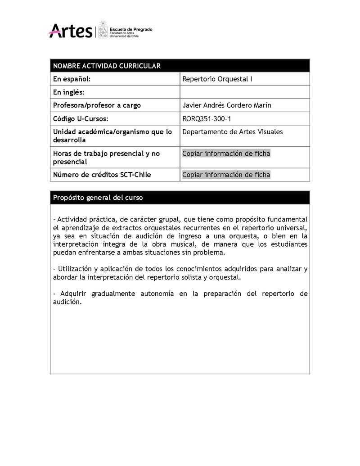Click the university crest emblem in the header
(x=103, y=30)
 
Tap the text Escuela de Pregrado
(x=131, y=29)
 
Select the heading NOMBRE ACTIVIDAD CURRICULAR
(x=107, y=66)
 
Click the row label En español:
(x=72, y=79)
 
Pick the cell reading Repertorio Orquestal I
(x=217, y=79)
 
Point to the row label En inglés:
(x=69, y=92)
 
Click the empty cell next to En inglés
(x=244, y=92)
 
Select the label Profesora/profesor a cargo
(x=97, y=105)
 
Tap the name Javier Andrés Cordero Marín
(x=227, y=105)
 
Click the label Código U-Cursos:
(x=81, y=118)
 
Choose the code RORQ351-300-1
(x=209, y=118)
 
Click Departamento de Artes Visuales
(x=233, y=132)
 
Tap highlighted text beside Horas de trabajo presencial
(x=226, y=154)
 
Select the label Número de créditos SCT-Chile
(x=102, y=175)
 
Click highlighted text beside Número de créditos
(x=226, y=175)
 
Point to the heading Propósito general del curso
(x=98, y=198)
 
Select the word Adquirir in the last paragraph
(x=72, y=294)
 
